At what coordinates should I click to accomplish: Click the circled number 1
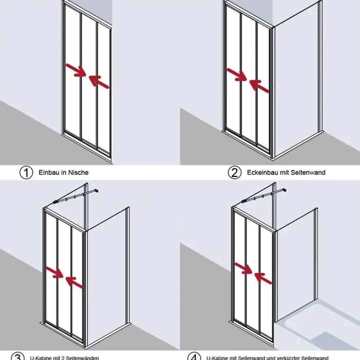click(x=26, y=172)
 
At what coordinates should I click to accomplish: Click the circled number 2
click(x=235, y=172)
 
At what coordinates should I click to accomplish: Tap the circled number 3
click(x=18, y=357)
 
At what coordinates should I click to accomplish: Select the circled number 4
click(x=194, y=357)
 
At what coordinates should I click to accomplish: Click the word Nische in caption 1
click(x=78, y=172)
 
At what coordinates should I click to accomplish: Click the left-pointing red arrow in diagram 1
click(x=99, y=82)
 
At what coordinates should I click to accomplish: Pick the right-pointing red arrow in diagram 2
click(x=237, y=75)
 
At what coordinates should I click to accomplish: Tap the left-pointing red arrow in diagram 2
click(x=259, y=86)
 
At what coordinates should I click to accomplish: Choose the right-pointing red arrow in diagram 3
click(x=55, y=272)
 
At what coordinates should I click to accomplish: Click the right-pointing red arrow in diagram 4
click(x=243, y=268)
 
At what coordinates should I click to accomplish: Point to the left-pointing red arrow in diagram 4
click(x=263, y=278)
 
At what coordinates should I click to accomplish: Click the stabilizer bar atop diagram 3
click(x=76, y=196)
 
